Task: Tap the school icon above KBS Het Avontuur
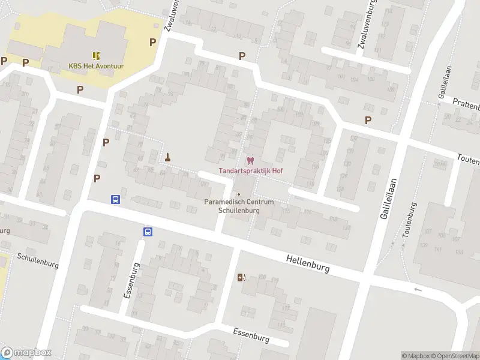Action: (96, 55)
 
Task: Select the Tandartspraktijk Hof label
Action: (250, 171)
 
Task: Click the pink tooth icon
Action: (250, 161)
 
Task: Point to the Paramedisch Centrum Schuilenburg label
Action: (239, 206)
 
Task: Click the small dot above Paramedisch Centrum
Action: (239, 194)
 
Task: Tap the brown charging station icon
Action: (242, 277)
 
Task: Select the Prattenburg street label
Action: (467, 105)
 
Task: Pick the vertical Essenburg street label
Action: (128, 280)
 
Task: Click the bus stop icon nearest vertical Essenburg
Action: (147, 232)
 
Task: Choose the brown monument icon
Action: (168, 158)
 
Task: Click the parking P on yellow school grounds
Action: (152, 42)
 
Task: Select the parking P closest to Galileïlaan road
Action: (368, 120)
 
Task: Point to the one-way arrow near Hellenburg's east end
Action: (418, 290)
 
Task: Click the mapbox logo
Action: (26, 352)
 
